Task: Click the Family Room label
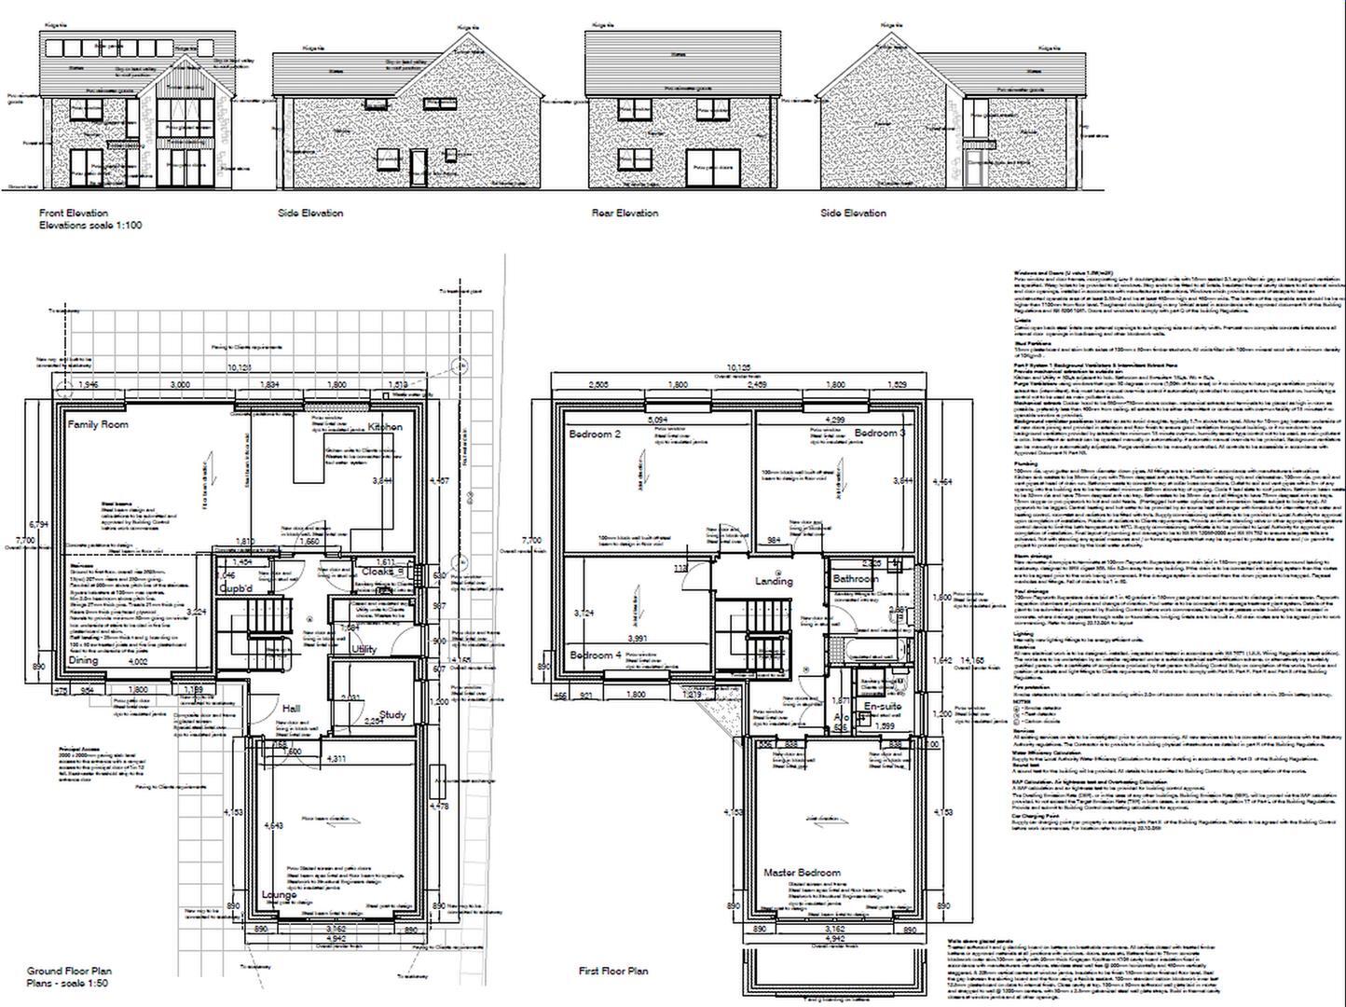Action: [98, 425]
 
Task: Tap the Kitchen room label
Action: [385, 427]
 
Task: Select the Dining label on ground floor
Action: [84, 660]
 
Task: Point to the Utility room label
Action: [364, 649]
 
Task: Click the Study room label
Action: [392, 715]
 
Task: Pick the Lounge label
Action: [280, 895]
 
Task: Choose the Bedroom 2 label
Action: [595, 435]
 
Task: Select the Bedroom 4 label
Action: [596, 655]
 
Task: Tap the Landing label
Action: [774, 581]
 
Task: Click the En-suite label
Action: [881, 708]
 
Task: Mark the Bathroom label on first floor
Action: [856, 579]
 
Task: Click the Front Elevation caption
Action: [74, 214]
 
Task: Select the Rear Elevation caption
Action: [625, 214]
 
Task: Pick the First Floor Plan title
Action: [613, 972]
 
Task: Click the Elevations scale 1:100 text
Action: [90, 226]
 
